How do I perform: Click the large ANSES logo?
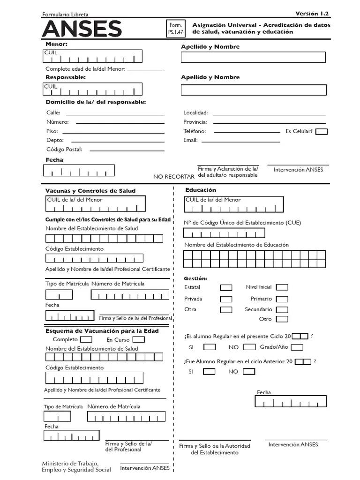(x=82, y=29)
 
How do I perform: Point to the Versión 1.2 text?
(x=312, y=13)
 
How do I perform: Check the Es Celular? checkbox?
(x=322, y=132)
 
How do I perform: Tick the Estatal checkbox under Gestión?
(x=226, y=287)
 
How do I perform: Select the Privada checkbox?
(x=226, y=299)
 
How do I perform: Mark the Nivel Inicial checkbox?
(x=282, y=287)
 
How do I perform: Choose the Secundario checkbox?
(x=282, y=310)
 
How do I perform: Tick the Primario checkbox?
(x=282, y=299)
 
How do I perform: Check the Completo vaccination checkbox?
(x=86, y=339)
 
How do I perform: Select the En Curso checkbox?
(x=138, y=339)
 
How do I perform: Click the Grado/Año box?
(x=297, y=347)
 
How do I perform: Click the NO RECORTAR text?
(x=173, y=177)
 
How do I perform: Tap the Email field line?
(x=240, y=140)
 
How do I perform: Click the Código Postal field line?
(x=127, y=150)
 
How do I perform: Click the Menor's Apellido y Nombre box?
(x=253, y=57)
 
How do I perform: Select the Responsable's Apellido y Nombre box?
(x=253, y=90)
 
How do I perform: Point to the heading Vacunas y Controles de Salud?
(x=90, y=191)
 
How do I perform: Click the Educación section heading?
(x=201, y=190)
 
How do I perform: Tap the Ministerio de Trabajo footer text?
(x=76, y=466)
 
